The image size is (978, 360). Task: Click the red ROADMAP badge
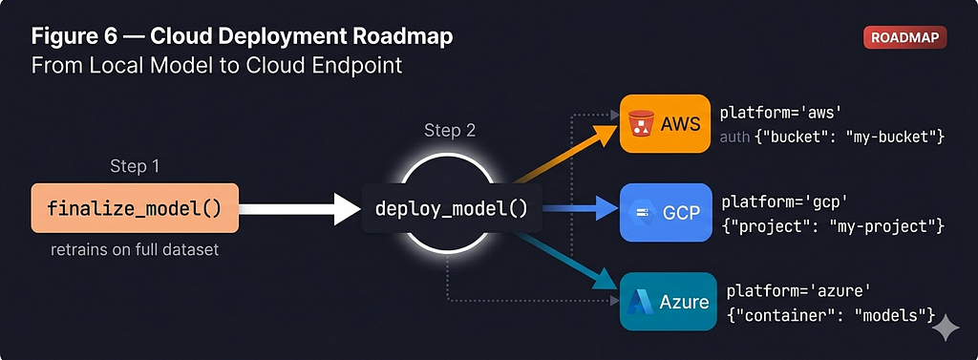point(905,37)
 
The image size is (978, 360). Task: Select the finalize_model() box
point(135,208)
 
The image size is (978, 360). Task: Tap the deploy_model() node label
point(452,208)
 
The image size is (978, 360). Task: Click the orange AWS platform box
point(665,123)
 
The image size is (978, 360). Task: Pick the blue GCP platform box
point(666,212)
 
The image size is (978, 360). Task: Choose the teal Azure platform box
point(668,302)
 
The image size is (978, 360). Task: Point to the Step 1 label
point(135,166)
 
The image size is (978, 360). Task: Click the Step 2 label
point(450,131)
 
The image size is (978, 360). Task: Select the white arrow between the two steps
point(300,209)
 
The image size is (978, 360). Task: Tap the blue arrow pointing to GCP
point(580,208)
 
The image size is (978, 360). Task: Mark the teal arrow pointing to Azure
point(566,262)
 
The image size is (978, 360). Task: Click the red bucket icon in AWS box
point(641,123)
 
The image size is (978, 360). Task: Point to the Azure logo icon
point(640,302)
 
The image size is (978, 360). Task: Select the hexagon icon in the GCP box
point(641,213)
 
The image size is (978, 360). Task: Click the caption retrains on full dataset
point(135,250)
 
